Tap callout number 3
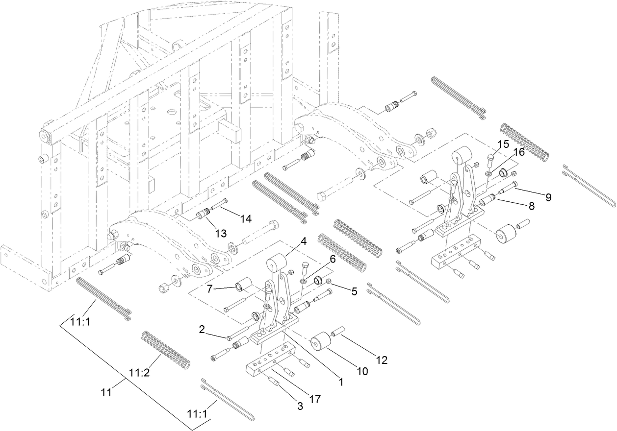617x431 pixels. pos(299,406)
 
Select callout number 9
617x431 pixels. pos(548,197)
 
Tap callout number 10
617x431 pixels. pos(362,372)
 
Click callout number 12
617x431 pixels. pos(382,360)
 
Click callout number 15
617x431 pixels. pos(503,144)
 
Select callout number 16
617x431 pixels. pos(519,152)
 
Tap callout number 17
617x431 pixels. pos(314,400)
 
